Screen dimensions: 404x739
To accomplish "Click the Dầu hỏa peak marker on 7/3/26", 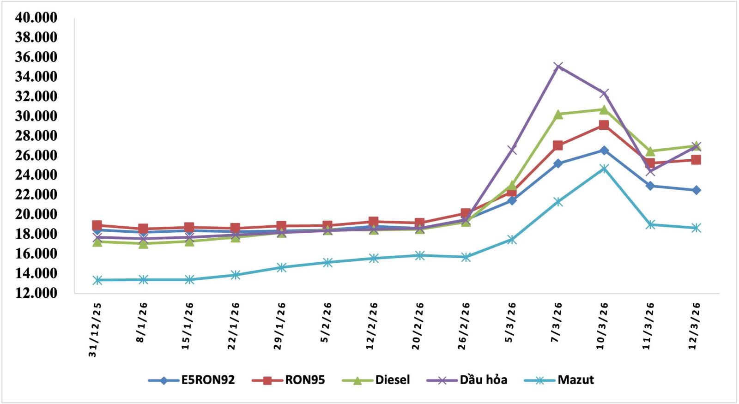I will point(558,66).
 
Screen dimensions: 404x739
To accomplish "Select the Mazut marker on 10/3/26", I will point(604,169).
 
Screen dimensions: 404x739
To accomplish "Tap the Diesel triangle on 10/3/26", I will point(604,109).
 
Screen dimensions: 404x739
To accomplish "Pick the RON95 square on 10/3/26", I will point(604,125).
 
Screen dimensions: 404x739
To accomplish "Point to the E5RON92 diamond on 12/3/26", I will point(696,190).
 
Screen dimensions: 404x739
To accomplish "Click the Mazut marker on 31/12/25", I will point(97,280).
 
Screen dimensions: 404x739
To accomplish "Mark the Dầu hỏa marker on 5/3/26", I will point(512,150).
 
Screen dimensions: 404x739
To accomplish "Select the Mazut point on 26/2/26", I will point(466,257).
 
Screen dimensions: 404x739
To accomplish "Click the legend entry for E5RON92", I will point(208,380).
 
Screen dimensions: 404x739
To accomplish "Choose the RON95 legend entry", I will point(305,380).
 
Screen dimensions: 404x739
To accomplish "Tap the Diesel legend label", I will point(392,380).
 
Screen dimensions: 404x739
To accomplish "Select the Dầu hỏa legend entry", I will point(483,380).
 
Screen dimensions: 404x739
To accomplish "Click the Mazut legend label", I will point(575,380).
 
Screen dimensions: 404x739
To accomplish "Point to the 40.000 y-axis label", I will point(36,18).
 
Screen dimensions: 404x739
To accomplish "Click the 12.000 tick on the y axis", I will point(36,293).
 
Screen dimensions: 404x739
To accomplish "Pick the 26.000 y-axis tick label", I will point(36,155).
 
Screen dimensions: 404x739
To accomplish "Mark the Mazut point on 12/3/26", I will point(696,228).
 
